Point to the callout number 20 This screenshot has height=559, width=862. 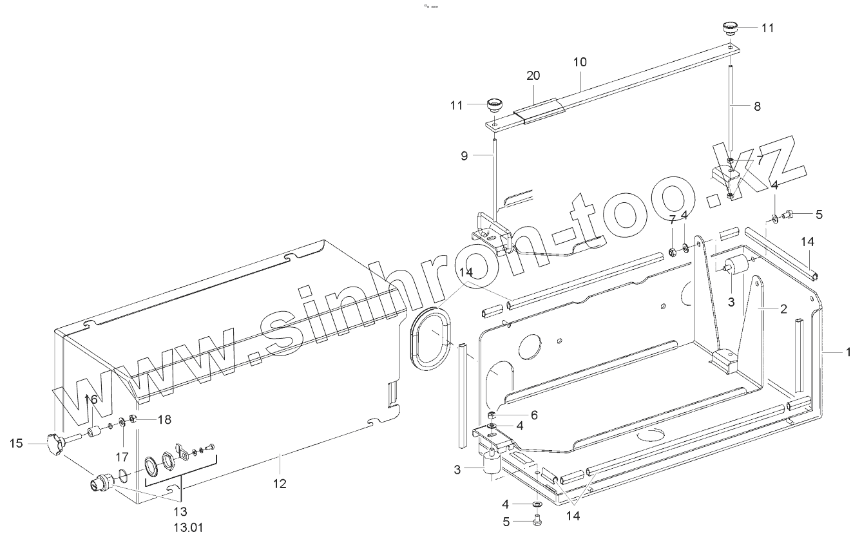point(533,75)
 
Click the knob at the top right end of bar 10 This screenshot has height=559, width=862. point(729,28)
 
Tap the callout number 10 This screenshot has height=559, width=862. point(580,62)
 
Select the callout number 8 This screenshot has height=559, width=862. point(757,106)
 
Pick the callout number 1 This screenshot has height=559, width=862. point(848,352)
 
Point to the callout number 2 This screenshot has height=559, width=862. point(783,309)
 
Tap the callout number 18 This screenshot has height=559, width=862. point(164,419)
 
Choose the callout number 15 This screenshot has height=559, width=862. point(17,443)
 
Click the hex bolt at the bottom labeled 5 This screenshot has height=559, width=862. point(536,522)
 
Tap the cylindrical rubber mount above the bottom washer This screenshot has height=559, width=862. point(493,466)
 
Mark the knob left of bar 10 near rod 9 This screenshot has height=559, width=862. point(494,104)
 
